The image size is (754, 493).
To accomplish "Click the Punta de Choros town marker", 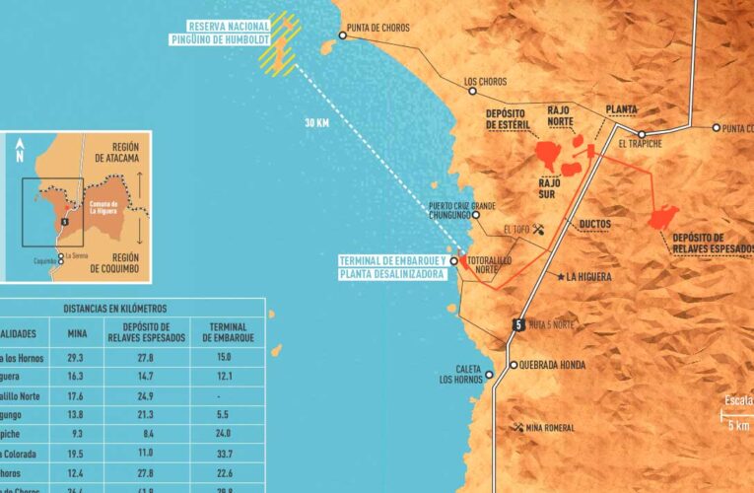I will (342, 35).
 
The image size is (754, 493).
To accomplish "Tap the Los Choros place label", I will (484, 82).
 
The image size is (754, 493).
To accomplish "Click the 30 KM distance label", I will (315, 124).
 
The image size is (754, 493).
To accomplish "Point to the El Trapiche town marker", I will (641, 134).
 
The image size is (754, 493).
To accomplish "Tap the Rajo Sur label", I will (548, 187).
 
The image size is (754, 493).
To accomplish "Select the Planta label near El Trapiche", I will (621, 107).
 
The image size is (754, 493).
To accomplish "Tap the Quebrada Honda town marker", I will (513, 364).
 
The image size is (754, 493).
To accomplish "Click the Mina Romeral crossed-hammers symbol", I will (518, 427).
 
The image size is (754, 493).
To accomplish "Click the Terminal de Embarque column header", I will (220, 333).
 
